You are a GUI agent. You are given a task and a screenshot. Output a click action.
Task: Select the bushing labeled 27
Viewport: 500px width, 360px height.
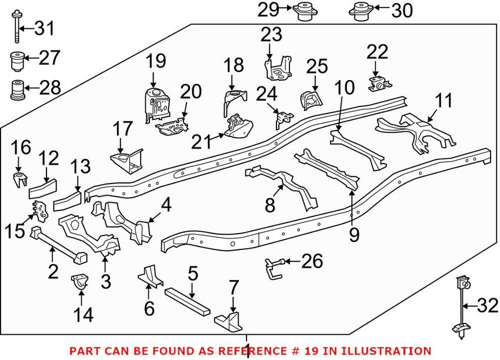pyautogui.click(x=18, y=60)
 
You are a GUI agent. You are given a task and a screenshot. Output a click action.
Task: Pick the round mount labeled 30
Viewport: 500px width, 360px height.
pyautogui.click(x=360, y=11)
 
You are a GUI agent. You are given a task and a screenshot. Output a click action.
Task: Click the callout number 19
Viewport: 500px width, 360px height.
pyautogui.click(x=156, y=61)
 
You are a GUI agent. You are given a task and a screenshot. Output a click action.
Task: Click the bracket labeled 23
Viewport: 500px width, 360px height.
pyautogui.click(x=278, y=68)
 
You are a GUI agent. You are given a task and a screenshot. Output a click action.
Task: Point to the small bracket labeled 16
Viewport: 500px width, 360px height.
pyautogui.click(x=21, y=179)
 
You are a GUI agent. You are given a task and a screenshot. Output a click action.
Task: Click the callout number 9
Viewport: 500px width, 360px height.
pyautogui.click(x=354, y=235)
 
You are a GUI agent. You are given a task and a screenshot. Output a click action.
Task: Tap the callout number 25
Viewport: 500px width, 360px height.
pyautogui.click(x=316, y=66)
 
